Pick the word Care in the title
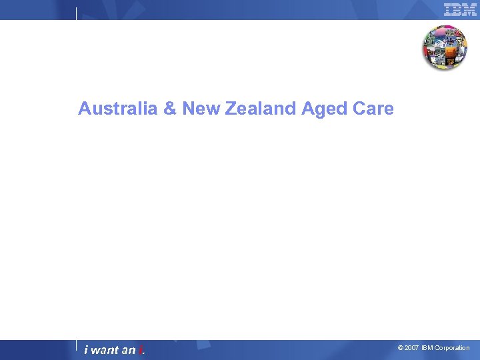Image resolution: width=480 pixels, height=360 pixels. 374,109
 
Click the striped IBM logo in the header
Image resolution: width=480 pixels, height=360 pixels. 460,9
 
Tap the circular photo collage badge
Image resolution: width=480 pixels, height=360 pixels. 445,47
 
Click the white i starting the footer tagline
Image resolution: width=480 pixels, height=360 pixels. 86,350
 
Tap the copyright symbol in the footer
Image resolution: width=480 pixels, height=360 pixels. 400,348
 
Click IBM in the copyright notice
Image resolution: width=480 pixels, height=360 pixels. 427,348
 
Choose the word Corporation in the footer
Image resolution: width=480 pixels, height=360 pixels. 452,348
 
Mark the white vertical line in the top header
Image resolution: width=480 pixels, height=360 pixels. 76,13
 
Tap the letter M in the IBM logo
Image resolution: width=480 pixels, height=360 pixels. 470,9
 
